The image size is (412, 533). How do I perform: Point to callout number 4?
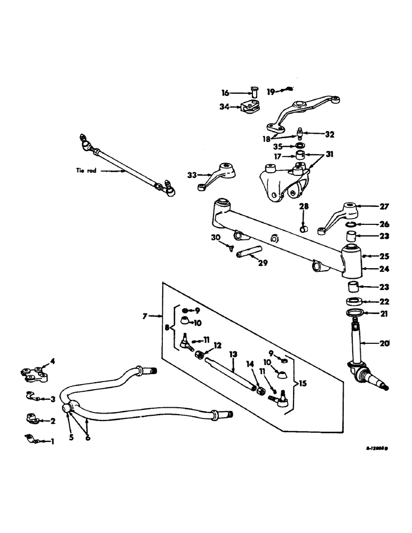point(52,362)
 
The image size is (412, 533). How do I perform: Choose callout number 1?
point(52,441)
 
